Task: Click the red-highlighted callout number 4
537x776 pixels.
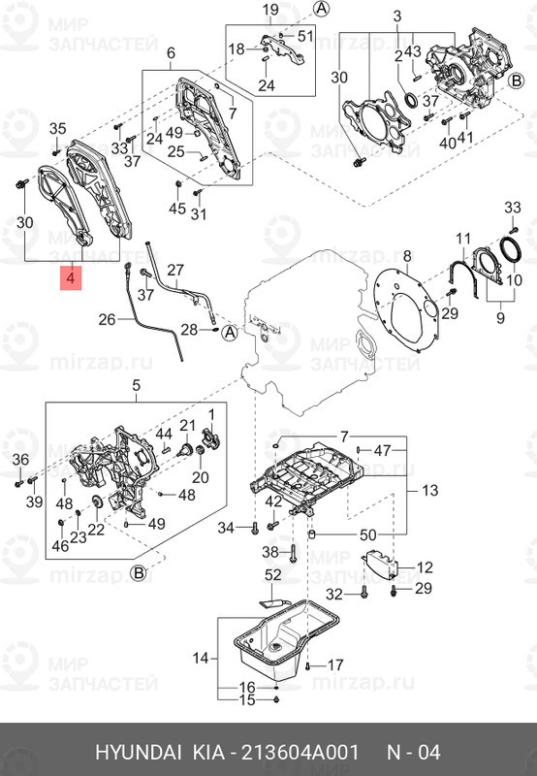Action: [x=70, y=279]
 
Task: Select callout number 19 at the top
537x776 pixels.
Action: [x=270, y=11]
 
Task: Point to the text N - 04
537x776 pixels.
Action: [x=415, y=753]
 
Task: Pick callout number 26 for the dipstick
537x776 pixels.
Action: [x=107, y=318]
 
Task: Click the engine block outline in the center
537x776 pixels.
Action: [x=300, y=320]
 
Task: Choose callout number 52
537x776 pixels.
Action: [x=272, y=575]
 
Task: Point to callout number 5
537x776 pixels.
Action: [x=135, y=386]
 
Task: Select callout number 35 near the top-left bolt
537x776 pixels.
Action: [x=56, y=129]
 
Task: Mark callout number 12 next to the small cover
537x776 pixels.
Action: [x=425, y=566]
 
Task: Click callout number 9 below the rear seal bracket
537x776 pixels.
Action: [x=501, y=317]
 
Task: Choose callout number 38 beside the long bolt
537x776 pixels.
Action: [x=270, y=551]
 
